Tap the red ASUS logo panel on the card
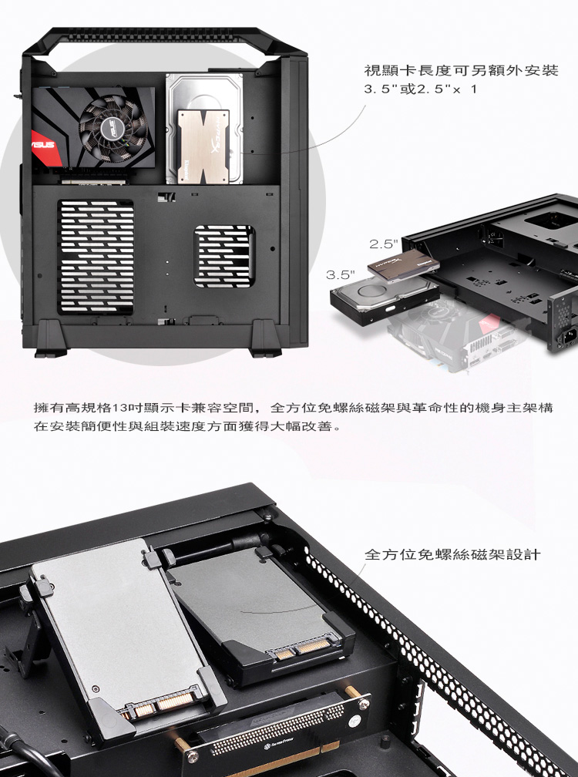tap(45, 147)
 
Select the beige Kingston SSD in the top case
tap(203, 146)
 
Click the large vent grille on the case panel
tap(96, 257)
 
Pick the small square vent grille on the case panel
tap(224, 256)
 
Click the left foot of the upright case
tap(51, 338)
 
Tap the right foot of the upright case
tap(265, 338)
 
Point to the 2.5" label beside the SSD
tap(384, 244)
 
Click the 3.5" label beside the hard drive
tap(341, 274)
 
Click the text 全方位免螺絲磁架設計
tap(452, 554)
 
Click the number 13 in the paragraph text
tap(119, 409)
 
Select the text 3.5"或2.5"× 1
tap(420, 89)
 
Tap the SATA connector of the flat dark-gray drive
tap(303, 649)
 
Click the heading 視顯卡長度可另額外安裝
tap(461, 70)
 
